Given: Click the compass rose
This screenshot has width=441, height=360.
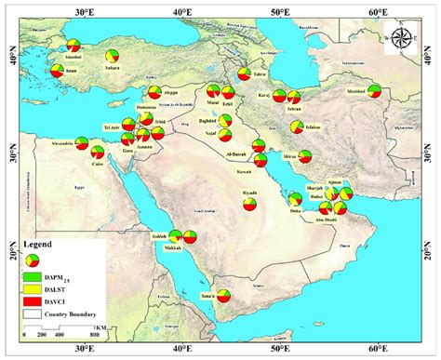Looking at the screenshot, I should point(402,39).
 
